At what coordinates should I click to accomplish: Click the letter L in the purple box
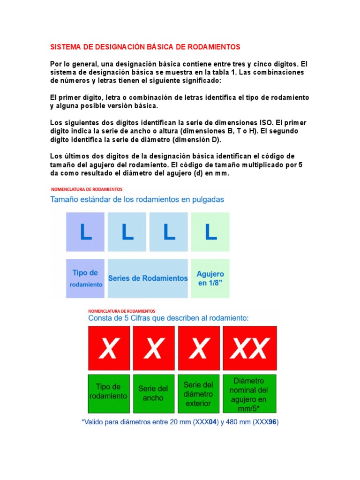pyautogui.click(x=85, y=232)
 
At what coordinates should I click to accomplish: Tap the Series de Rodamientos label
pyautogui.click(x=148, y=278)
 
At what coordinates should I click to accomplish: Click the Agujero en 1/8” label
pyautogui.click(x=210, y=278)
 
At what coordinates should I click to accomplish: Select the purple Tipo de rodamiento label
pyautogui.click(x=85, y=278)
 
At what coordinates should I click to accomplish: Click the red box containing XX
pyautogui.click(x=250, y=348)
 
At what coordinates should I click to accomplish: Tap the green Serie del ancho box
pyautogui.click(x=154, y=393)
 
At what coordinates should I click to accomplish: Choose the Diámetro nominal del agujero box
pyautogui.click(x=250, y=393)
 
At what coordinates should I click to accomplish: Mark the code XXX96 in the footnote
pyautogui.click(x=266, y=422)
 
